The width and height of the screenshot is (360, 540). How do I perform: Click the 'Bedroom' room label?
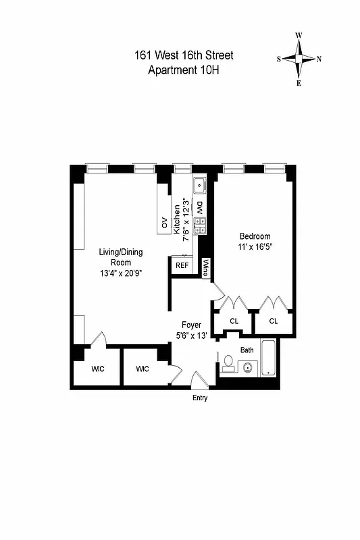point(255,236)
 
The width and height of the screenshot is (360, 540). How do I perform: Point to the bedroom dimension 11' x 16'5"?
point(255,247)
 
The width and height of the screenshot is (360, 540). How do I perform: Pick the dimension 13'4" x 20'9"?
point(122,273)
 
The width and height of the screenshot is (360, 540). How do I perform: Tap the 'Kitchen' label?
point(177,219)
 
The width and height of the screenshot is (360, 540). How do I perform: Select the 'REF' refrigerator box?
point(182,265)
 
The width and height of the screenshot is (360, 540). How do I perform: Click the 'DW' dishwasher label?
point(200,207)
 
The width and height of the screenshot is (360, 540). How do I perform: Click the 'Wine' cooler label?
point(206,268)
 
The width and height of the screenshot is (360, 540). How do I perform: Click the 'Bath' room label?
point(247,350)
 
